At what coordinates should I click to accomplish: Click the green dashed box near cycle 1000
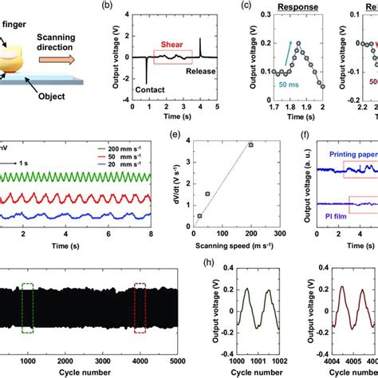28,308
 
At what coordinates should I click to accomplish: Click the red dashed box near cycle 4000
140,308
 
